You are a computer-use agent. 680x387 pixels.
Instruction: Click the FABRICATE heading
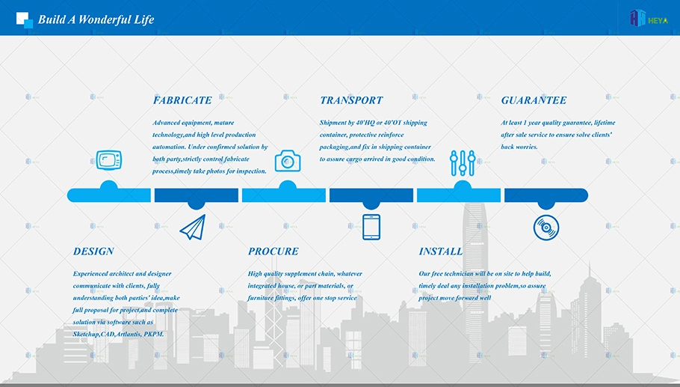click(182, 100)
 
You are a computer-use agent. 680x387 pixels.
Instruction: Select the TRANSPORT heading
click(351, 100)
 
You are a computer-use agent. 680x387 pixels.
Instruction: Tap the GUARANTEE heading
click(534, 100)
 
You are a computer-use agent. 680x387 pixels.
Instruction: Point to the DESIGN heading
click(93, 252)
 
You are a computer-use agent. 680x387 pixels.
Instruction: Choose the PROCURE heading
click(273, 252)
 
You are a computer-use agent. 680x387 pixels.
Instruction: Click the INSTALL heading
click(440, 252)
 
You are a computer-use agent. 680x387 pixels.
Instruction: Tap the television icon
click(109, 160)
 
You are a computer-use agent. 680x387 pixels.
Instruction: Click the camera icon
click(288, 161)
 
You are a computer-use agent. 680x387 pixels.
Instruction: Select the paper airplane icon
click(193, 227)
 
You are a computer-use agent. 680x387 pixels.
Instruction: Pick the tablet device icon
click(371, 227)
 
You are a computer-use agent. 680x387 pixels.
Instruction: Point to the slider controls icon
click(463, 163)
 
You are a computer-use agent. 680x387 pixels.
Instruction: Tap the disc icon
click(546, 228)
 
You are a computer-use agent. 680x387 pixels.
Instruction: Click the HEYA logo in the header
click(649, 19)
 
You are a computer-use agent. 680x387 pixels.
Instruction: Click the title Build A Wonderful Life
click(96, 19)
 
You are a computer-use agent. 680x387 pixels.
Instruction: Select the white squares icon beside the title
click(24, 20)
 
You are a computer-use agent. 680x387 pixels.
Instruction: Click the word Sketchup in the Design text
click(86, 335)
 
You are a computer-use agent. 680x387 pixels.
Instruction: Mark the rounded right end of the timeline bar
click(584, 195)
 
